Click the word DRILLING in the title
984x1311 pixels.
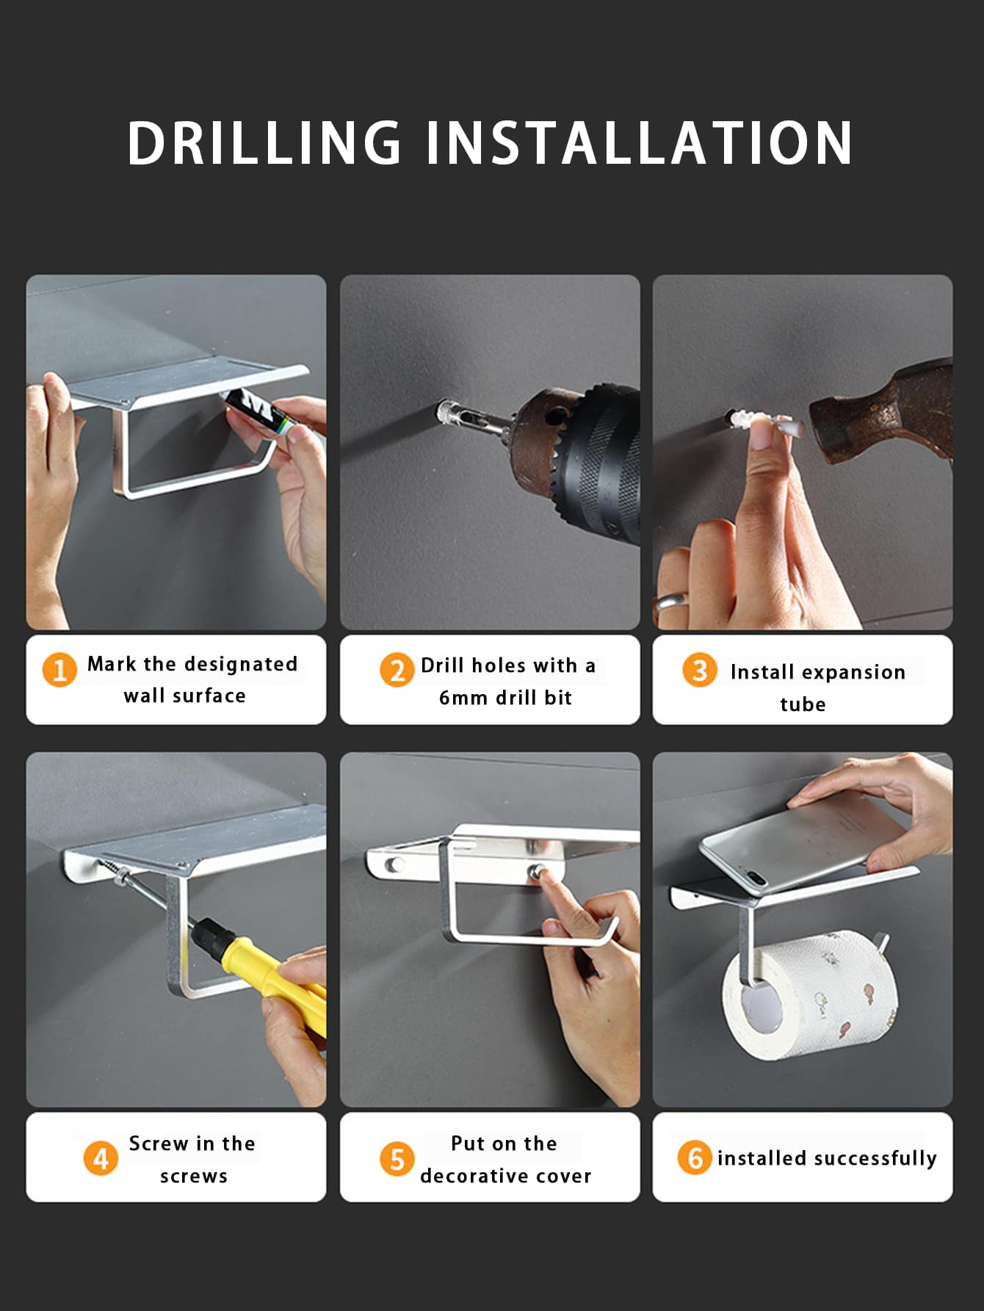(264, 142)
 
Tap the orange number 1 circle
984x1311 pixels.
(59, 670)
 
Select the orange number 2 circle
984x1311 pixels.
(397, 670)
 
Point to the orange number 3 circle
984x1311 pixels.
(700, 670)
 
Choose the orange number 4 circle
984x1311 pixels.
(101, 1158)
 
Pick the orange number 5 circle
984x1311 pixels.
(397, 1158)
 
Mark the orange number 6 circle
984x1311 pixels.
(695, 1158)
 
